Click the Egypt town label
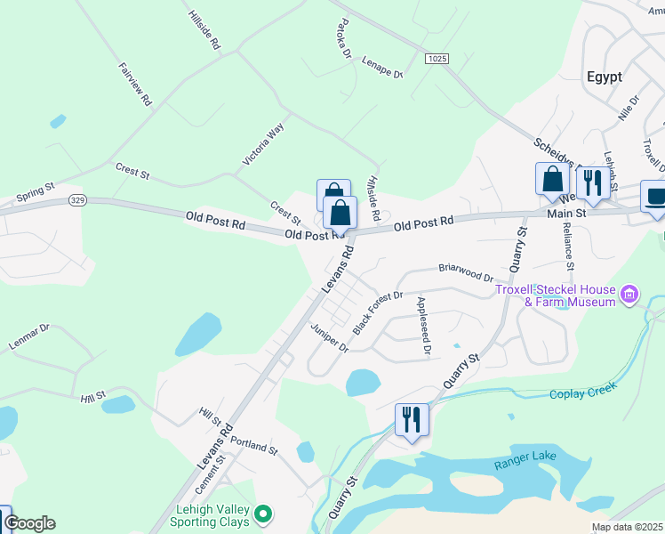pyautogui.click(x=604, y=77)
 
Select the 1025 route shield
pyautogui.click(x=436, y=59)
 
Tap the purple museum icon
pyautogui.click(x=629, y=294)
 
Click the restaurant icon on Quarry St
pyautogui.click(x=412, y=418)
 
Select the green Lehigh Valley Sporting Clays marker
pyautogui.click(x=262, y=514)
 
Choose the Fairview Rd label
pyautogui.click(x=134, y=85)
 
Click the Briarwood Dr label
pyautogui.click(x=466, y=271)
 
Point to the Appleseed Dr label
pyautogui.click(x=423, y=326)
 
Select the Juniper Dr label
pyautogui.click(x=329, y=338)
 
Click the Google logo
pyautogui.click(x=30, y=523)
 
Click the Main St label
pyautogui.click(x=567, y=214)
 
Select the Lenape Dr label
pyautogui.click(x=382, y=68)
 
